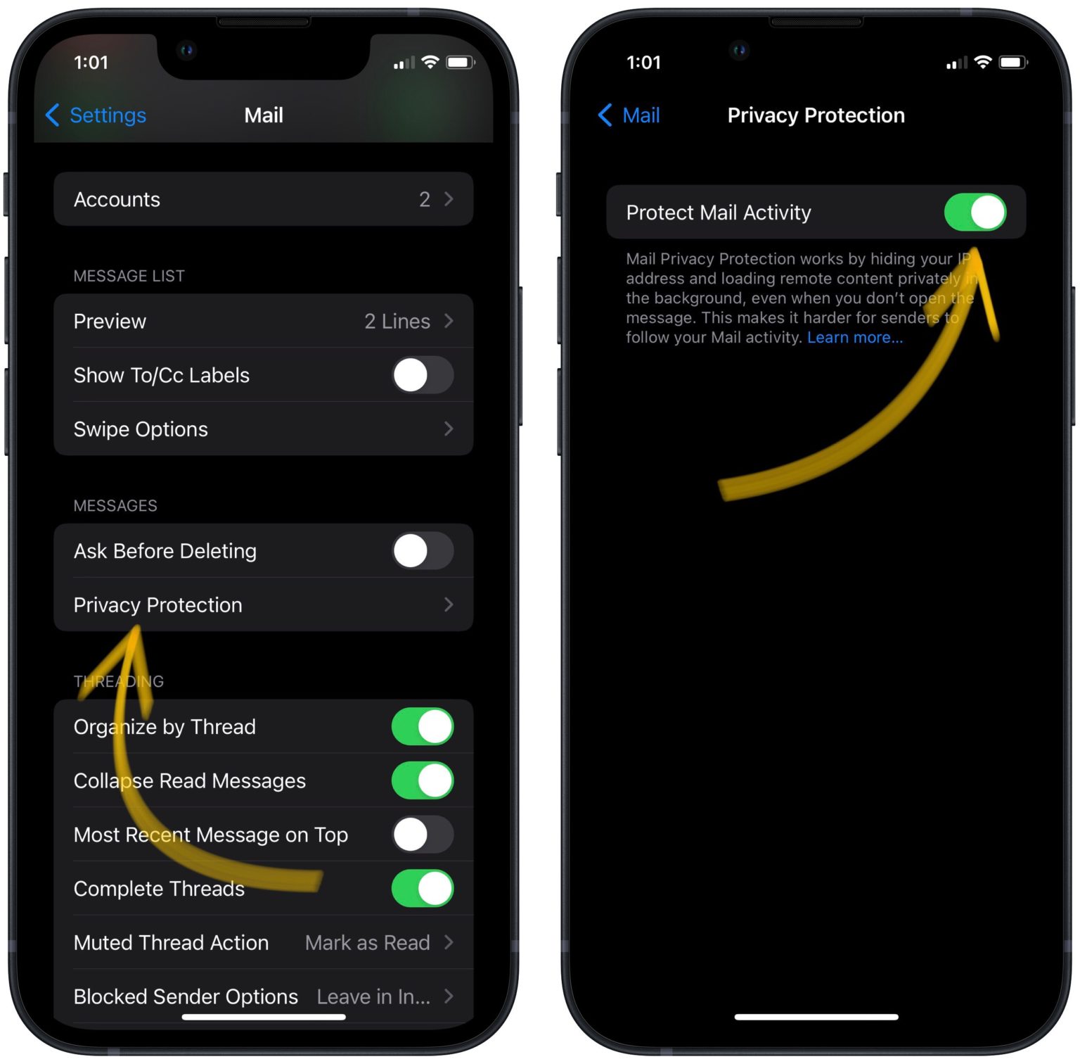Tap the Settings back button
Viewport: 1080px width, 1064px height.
(96, 115)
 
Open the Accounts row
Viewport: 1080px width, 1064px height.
(263, 200)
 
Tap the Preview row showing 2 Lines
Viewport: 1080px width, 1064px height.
(263, 322)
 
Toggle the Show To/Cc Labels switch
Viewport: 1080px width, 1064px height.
(422, 376)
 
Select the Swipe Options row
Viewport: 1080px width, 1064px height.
(263, 429)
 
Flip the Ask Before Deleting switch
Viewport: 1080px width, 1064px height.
(422, 551)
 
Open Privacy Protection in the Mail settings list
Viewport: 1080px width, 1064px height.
(263, 605)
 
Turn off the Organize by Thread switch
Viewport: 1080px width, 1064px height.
(422, 727)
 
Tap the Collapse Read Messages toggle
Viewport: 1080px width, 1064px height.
(422, 781)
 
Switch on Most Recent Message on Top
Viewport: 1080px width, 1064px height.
(422, 835)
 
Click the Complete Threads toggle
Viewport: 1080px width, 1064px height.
(422, 889)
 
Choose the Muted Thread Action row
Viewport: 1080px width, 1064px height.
(263, 943)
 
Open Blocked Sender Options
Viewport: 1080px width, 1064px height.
(263, 996)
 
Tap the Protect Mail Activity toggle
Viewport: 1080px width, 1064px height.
(975, 213)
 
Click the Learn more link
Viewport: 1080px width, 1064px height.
(854, 338)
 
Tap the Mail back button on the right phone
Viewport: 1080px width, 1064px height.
(629, 115)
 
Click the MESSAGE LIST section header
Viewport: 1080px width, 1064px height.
(129, 276)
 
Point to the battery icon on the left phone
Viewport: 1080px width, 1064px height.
(460, 63)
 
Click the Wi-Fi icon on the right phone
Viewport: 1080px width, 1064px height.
(983, 62)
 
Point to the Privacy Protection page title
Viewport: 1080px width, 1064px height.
(816, 115)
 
